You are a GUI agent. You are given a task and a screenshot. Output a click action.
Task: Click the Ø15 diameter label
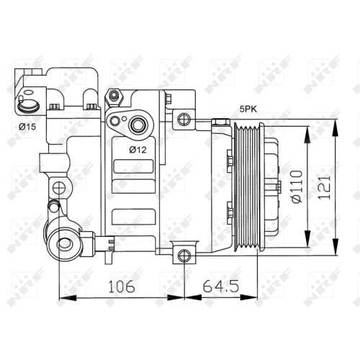click(27, 127)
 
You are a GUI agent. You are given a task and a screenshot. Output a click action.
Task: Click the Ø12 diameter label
click(138, 150)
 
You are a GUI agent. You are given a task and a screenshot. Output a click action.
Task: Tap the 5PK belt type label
click(248, 109)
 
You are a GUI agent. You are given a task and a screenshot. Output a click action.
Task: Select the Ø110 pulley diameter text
click(297, 186)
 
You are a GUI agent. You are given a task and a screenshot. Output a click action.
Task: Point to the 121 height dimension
click(324, 187)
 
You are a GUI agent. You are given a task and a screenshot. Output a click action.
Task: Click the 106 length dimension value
click(122, 287)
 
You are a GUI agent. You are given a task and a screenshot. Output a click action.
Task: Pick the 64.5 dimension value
click(221, 287)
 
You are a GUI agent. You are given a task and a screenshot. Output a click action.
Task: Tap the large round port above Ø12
click(138, 125)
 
